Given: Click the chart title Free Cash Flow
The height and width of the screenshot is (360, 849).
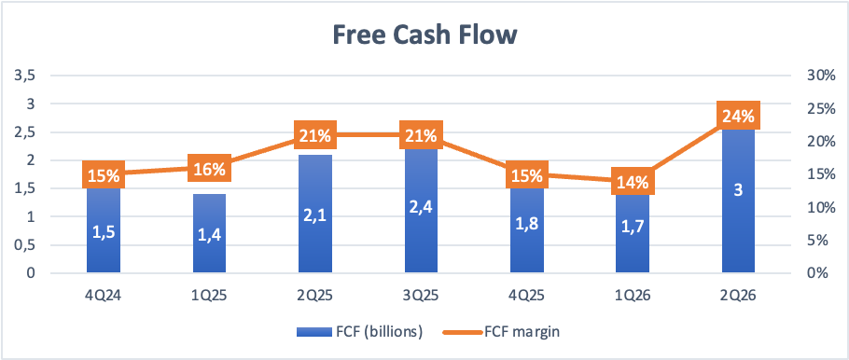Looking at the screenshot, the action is click(x=424, y=35).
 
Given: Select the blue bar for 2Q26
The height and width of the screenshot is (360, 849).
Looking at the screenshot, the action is click(x=738, y=201).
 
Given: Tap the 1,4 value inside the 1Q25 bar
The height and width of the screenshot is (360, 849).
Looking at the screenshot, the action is click(x=210, y=237).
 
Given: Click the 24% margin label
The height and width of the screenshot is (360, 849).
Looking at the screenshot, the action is click(x=738, y=116).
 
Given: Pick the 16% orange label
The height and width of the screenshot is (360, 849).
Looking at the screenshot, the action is click(x=210, y=169).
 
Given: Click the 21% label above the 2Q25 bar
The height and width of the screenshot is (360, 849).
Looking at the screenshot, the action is click(x=315, y=135).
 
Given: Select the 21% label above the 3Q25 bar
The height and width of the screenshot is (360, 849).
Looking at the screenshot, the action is click(x=422, y=135).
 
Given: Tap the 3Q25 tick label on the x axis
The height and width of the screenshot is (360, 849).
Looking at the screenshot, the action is click(x=422, y=297).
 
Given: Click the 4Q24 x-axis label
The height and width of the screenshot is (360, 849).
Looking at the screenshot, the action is click(x=104, y=297).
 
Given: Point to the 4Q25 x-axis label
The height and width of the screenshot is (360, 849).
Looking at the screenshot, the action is click(x=527, y=297).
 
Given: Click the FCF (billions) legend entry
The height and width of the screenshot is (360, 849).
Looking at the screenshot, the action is click(x=359, y=332).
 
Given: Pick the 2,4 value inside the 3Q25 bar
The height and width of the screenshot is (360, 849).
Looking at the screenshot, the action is click(x=422, y=208).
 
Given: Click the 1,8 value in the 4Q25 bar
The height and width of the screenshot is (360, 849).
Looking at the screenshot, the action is click(x=527, y=225).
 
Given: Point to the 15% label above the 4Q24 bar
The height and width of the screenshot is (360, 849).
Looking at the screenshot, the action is click(x=104, y=174).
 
